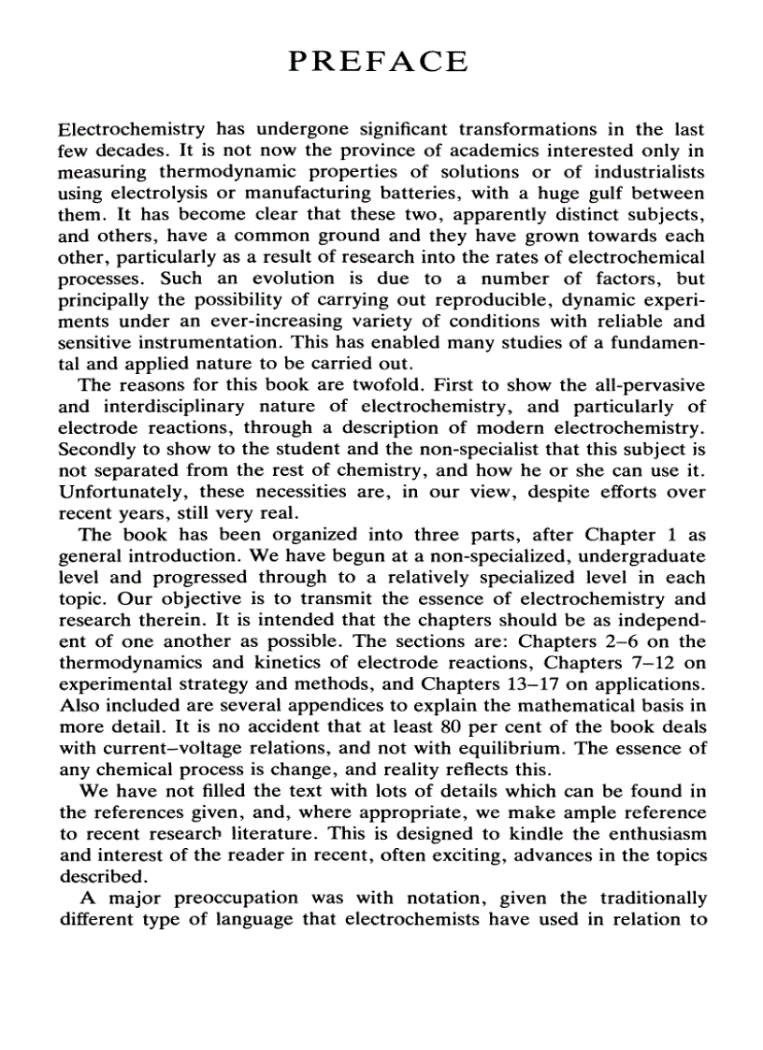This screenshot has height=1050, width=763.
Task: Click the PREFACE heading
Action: coord(379,62)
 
